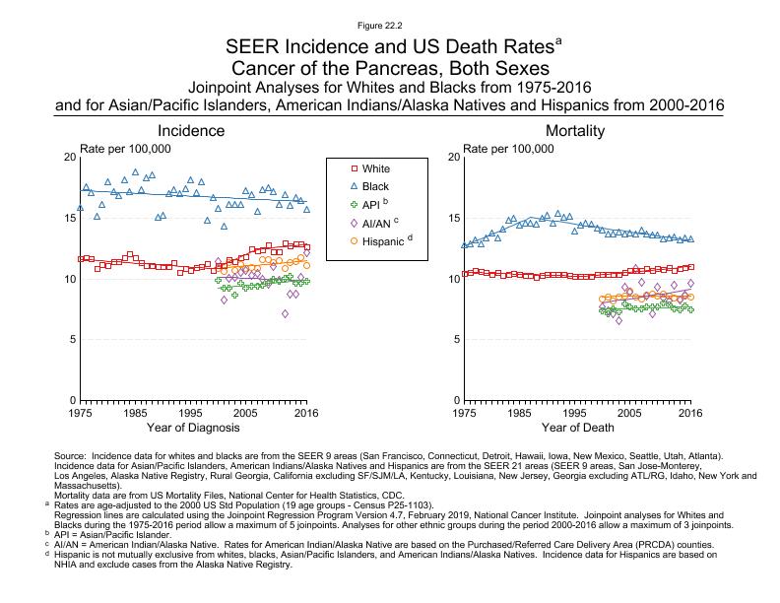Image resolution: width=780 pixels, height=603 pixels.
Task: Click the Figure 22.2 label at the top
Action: point(389,24)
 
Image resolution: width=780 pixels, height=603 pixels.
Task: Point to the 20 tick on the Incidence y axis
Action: point(69,158)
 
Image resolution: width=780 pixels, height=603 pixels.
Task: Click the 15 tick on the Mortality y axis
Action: point(453,218)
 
